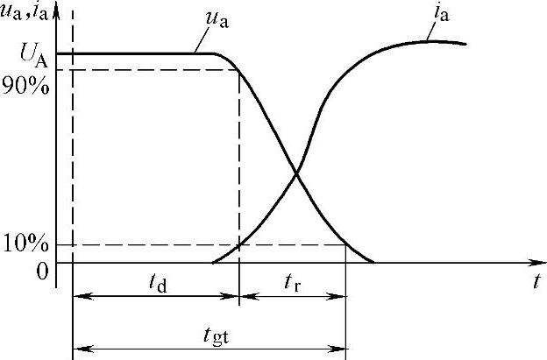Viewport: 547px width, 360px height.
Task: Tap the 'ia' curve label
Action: point(437,15)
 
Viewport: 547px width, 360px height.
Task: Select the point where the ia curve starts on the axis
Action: point(213,262)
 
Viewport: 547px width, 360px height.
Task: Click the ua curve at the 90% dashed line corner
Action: point(239,70)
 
